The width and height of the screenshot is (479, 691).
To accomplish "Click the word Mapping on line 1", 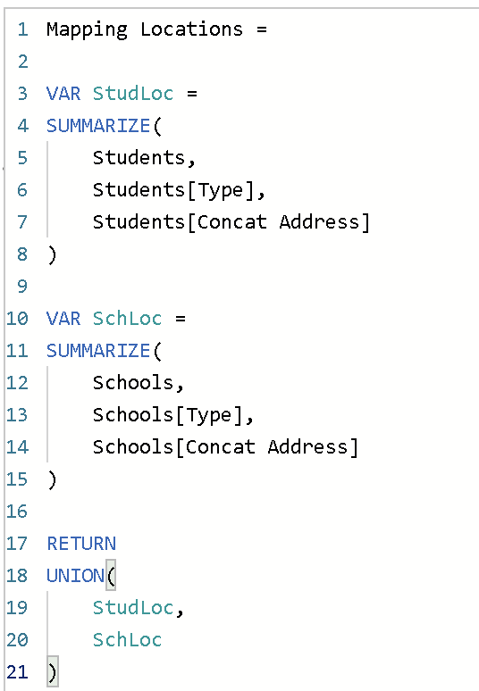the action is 87,30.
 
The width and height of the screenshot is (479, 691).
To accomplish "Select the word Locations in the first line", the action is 191,29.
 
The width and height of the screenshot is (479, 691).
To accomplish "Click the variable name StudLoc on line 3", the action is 133,94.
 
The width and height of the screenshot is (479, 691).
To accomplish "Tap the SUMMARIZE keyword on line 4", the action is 98,126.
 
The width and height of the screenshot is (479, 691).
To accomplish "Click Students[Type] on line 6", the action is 173,190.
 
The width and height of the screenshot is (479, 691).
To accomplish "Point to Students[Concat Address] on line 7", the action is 231,222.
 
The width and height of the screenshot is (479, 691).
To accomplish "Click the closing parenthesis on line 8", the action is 52,254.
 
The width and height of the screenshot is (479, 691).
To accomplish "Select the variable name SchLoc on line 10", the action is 127,319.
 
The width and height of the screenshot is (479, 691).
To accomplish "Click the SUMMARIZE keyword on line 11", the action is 98,351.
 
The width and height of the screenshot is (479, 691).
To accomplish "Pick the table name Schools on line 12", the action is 133,383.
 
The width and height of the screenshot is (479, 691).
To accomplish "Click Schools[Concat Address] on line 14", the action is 225,447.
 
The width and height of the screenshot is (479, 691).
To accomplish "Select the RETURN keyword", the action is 81,544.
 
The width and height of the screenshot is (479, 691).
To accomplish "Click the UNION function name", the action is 75,576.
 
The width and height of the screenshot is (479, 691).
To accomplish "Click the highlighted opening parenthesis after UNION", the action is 111,575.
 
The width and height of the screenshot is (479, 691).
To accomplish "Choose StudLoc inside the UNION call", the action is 133,608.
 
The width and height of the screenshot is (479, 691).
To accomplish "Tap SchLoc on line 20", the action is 127,640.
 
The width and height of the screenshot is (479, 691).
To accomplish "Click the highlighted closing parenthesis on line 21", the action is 53,672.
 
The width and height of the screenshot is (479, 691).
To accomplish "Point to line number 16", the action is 17,512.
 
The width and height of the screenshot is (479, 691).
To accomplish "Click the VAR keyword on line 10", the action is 63,319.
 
